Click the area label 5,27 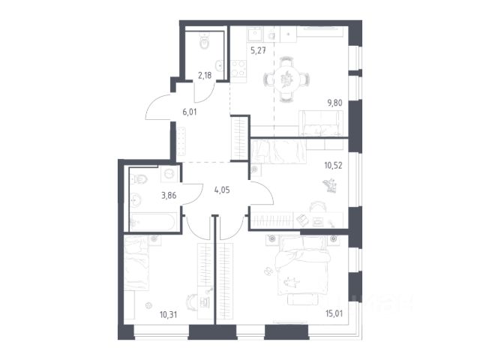click(258, 50)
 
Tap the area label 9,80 click(335, 103)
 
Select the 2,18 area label click(205, 75)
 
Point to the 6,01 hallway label click(190, 112)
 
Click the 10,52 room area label click(333, 166)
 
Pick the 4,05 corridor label click(222, 190)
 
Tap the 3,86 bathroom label click(169, 195)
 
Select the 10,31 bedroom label click(168, 314)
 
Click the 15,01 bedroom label click(334, 313)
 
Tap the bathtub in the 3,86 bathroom click(153, 222)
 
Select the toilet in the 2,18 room click(204, 41)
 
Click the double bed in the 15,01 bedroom click(301, 265)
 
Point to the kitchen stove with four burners click(238, 68)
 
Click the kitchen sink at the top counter click(255, 34)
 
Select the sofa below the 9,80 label click(321, 123)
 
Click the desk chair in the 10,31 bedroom click(192, 302)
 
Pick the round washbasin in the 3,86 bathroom click(135, 200)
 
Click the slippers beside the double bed click(268, 271)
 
